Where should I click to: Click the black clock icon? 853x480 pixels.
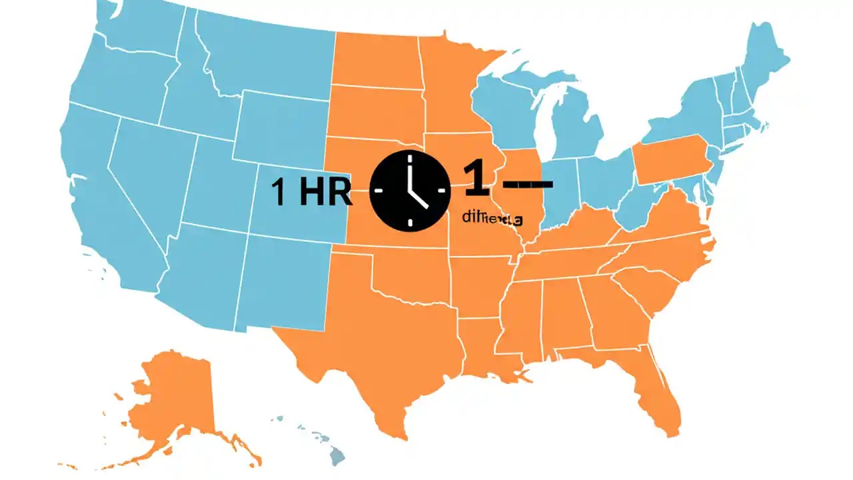(x=409, y=191)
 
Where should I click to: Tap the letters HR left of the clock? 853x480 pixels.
(x=325, y=192)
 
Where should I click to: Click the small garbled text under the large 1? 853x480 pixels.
(x=492, y=218)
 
